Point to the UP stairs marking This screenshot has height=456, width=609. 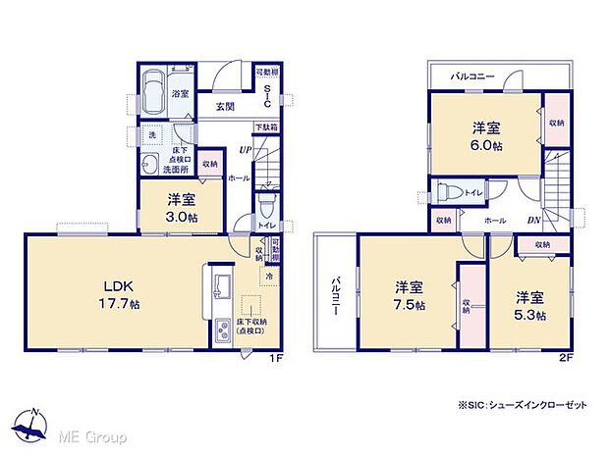point(247,150)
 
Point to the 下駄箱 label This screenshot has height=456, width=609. point(265,127)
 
